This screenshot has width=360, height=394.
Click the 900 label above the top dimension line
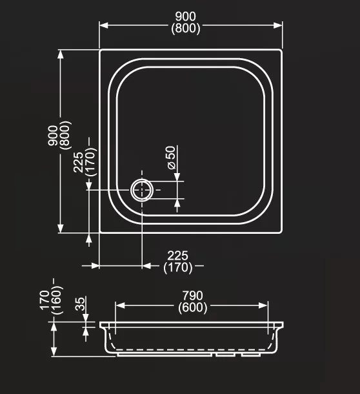click(186, 17)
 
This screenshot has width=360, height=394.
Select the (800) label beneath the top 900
click(186, 28)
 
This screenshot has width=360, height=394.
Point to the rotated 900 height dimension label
click(53, 136)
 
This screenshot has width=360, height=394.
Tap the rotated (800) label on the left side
click(66, 135)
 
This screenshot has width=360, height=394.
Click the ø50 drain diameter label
click(172, 158)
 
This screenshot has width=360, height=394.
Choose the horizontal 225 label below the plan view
click(177, 256)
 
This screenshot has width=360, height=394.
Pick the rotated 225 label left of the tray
click(78, 162)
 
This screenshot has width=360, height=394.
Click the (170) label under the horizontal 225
click(177, 267)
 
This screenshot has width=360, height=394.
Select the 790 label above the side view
click(192, 296)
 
